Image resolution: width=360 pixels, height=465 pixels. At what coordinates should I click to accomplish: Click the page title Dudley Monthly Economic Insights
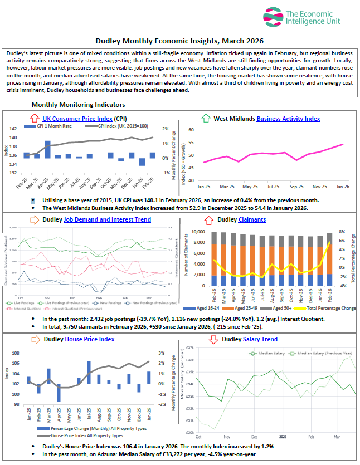pyautogui.click(x=179, y=41)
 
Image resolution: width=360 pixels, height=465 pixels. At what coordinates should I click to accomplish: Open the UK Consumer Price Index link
pyautogui.click(x=70, y=118)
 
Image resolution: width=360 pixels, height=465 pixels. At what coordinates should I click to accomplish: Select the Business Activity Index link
pyautogui.click(x=288, y=118)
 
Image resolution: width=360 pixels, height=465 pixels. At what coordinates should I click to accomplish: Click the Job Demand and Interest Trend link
pyautogui.click(x=107, y=219)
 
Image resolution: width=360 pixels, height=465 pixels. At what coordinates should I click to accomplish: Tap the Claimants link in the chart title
pyautogui.click(x=252, y=219)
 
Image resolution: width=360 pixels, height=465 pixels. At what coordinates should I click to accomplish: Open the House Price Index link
pyautogui.click(x=89, y=339)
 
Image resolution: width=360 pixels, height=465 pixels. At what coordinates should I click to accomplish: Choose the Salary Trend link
pyautogui.click(x=260, y=339)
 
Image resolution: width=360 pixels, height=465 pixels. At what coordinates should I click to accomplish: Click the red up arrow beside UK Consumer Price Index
pyautogui.click(x=34, y=118)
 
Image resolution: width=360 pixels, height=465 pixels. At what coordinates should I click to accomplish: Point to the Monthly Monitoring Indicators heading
pyautogui.click(x=78, y=104)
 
